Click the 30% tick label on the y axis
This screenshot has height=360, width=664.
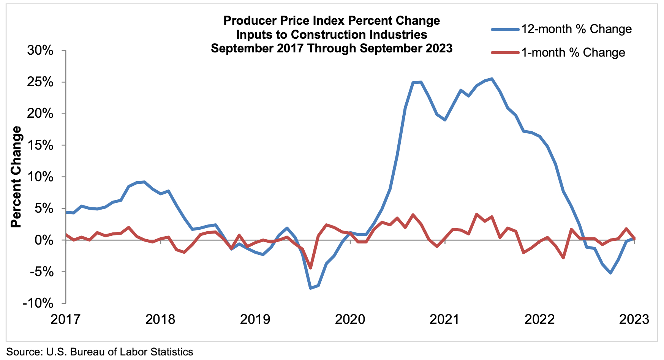coord(40,51)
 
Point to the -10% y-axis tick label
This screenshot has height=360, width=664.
coord(37,303)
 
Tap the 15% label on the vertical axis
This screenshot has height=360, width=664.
coord(40,145)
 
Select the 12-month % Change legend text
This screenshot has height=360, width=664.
coord(576,29)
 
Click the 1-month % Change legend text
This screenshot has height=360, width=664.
coord(573,52)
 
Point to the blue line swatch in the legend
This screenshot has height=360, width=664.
coord(505,29)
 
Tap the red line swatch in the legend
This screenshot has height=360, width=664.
coord(505,52)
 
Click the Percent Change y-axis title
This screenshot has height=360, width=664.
coord(16,177)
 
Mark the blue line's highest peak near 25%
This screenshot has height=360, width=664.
coord(492,79)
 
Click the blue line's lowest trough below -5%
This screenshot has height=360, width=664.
coord(310,288)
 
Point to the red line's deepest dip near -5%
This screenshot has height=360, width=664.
coord(310,268)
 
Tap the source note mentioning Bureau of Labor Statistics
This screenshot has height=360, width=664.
coord(100,352)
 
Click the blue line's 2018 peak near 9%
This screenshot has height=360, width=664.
coord(144,182)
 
